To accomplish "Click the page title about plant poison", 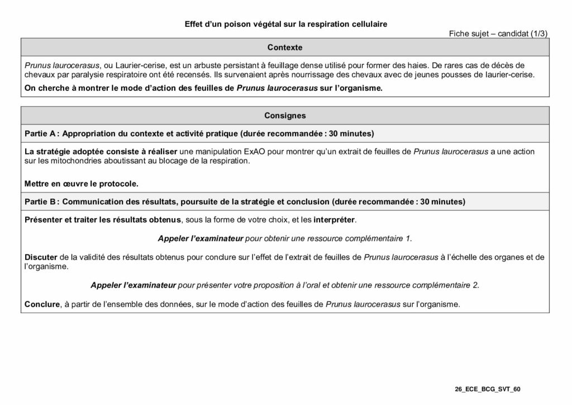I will (x=285, y=24).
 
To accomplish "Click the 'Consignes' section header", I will (x=285, y=116).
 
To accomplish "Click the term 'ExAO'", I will (x=258, y=152).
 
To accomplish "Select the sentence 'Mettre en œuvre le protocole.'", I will (x=81, y=183).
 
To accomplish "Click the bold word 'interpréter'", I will (x=332, y=219).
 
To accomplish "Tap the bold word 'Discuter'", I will (x=41, y=257).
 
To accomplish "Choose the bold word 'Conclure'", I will (x=42, y=304).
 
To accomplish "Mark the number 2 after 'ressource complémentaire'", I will (x=476, y=285).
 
